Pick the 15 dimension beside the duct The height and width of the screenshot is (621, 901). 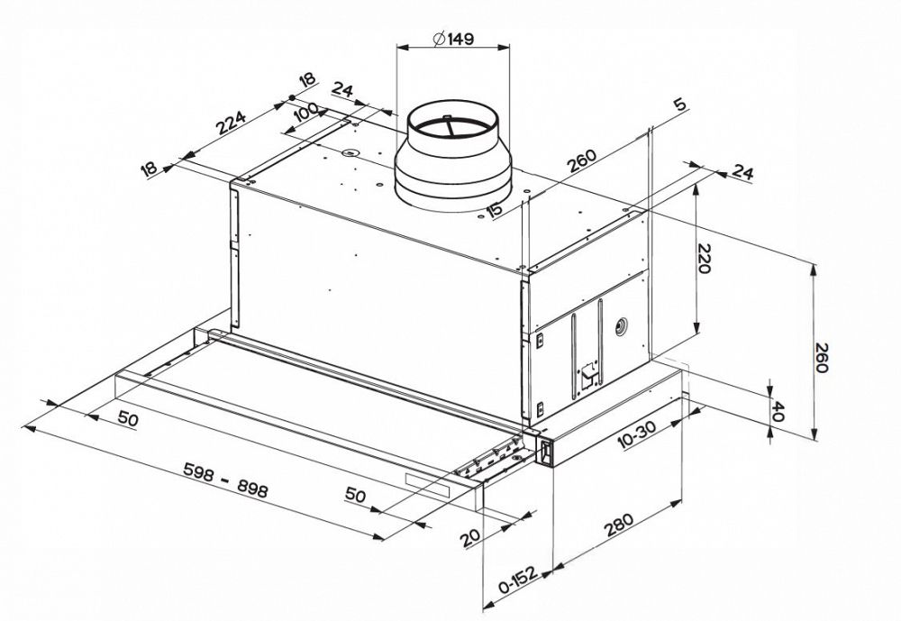click(x=494, y=210)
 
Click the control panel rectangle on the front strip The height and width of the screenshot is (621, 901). click(x=428, y=483)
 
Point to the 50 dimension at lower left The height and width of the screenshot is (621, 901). click(x=126, y=421)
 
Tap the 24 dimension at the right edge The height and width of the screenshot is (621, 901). click(x=743, y=171)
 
